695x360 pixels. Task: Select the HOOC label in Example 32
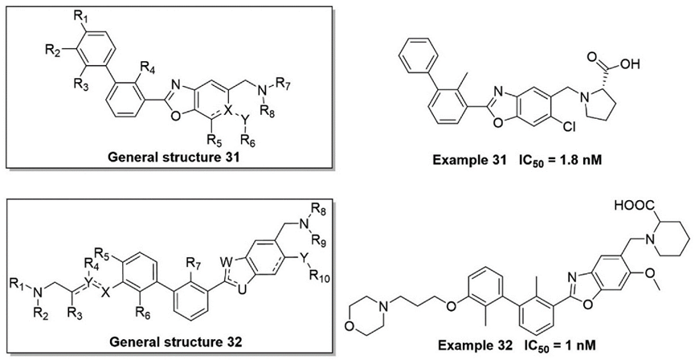(630, 205)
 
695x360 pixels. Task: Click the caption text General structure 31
(169, 157)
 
